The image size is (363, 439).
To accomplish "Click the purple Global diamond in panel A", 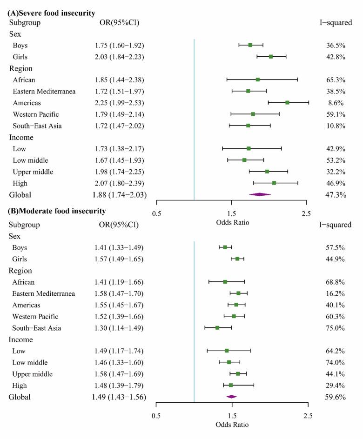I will point(260,194).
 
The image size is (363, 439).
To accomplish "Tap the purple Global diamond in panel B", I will point(231,397).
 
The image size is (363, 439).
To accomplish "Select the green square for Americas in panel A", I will point(287,102).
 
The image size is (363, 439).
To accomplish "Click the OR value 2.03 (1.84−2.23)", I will point(119,57).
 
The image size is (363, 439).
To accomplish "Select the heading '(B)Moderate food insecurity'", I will point(56,211).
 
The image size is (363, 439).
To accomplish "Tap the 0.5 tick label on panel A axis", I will point(157,214).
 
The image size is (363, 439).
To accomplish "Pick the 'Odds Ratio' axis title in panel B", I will point(232,425).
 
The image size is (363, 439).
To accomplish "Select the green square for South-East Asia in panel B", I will point(217,328).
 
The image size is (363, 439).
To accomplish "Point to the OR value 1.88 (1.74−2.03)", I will point(119,195).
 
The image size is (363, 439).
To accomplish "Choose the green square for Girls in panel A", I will point(271,57).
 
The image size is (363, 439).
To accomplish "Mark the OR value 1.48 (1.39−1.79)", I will point(119,386).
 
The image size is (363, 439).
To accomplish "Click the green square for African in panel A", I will point(257,80).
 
